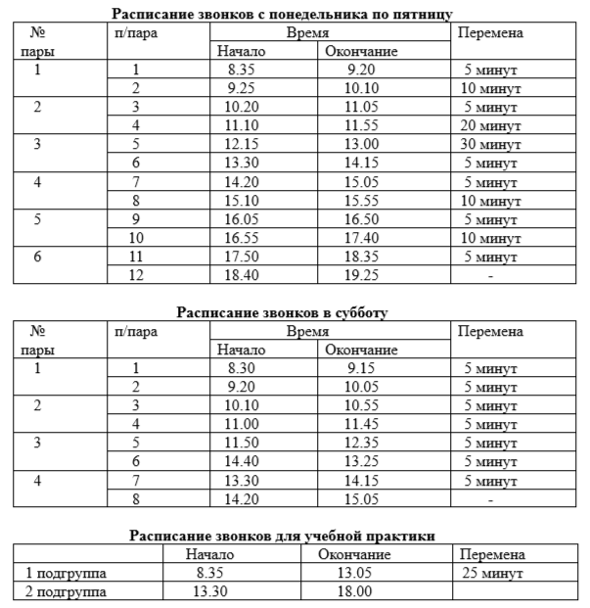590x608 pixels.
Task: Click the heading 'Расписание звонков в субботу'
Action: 282,313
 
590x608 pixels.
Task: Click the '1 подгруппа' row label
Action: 65,572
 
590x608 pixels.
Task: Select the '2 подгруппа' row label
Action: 65,591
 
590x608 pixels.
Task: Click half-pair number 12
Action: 137,277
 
